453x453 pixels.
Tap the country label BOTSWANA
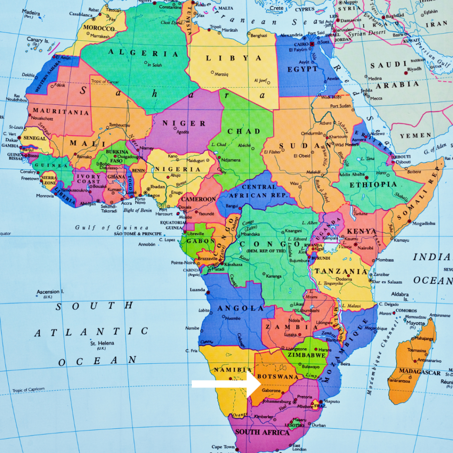[x=277, y=376]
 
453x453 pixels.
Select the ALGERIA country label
[x=144, y=54]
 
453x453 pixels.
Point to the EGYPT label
[x=302, y=69]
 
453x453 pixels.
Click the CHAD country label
[x=244, y=131]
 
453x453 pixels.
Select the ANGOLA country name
[x=232, y=308]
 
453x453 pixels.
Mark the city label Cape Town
[x=223, y=447]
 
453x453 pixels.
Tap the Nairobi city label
[x=365, y=248]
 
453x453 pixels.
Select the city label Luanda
[x=197, y=290]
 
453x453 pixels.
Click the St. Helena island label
[x=102, y=343]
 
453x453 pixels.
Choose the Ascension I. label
[x=50, y=292]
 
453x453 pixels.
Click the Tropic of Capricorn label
[x=28, y=389]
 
